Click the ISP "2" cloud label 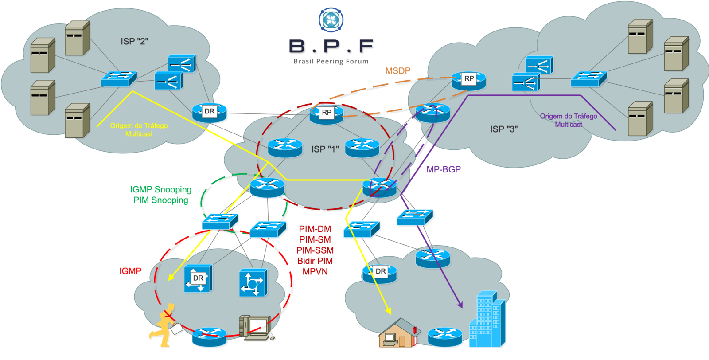pyautogui.click(x=134, y=41)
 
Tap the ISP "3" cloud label pyautogui.click(x=504, y=129)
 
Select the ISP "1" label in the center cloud pyautogui.click(x=325, y=149)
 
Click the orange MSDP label pyautogui.click(x=397, y=70)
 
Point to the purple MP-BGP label pyautogui.click(x=444, y=169)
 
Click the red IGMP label pyautogui.click(x=130, y=271)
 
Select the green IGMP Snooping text pyautogui.click(x=160, y=189)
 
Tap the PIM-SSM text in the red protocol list pyautogui.click(x=315, y=250)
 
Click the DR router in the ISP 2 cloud pyautogui.click(x=210, y=113)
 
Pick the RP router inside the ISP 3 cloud pyautogui.click(x=468, y=80)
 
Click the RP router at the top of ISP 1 pyautogui.click(x=327, y=114)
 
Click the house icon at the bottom pyautogui.click(x=398, y=333)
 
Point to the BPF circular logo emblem pyautogui.click(x=331, y=20)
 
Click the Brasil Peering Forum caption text pyautogui.click(x=331, y=62)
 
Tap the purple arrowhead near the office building pyautogui.click(x=460, y=305)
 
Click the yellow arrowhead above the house pyautogui.click(x=388, y=312)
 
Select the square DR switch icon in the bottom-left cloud pyautogui.click(x=198, y=278)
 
